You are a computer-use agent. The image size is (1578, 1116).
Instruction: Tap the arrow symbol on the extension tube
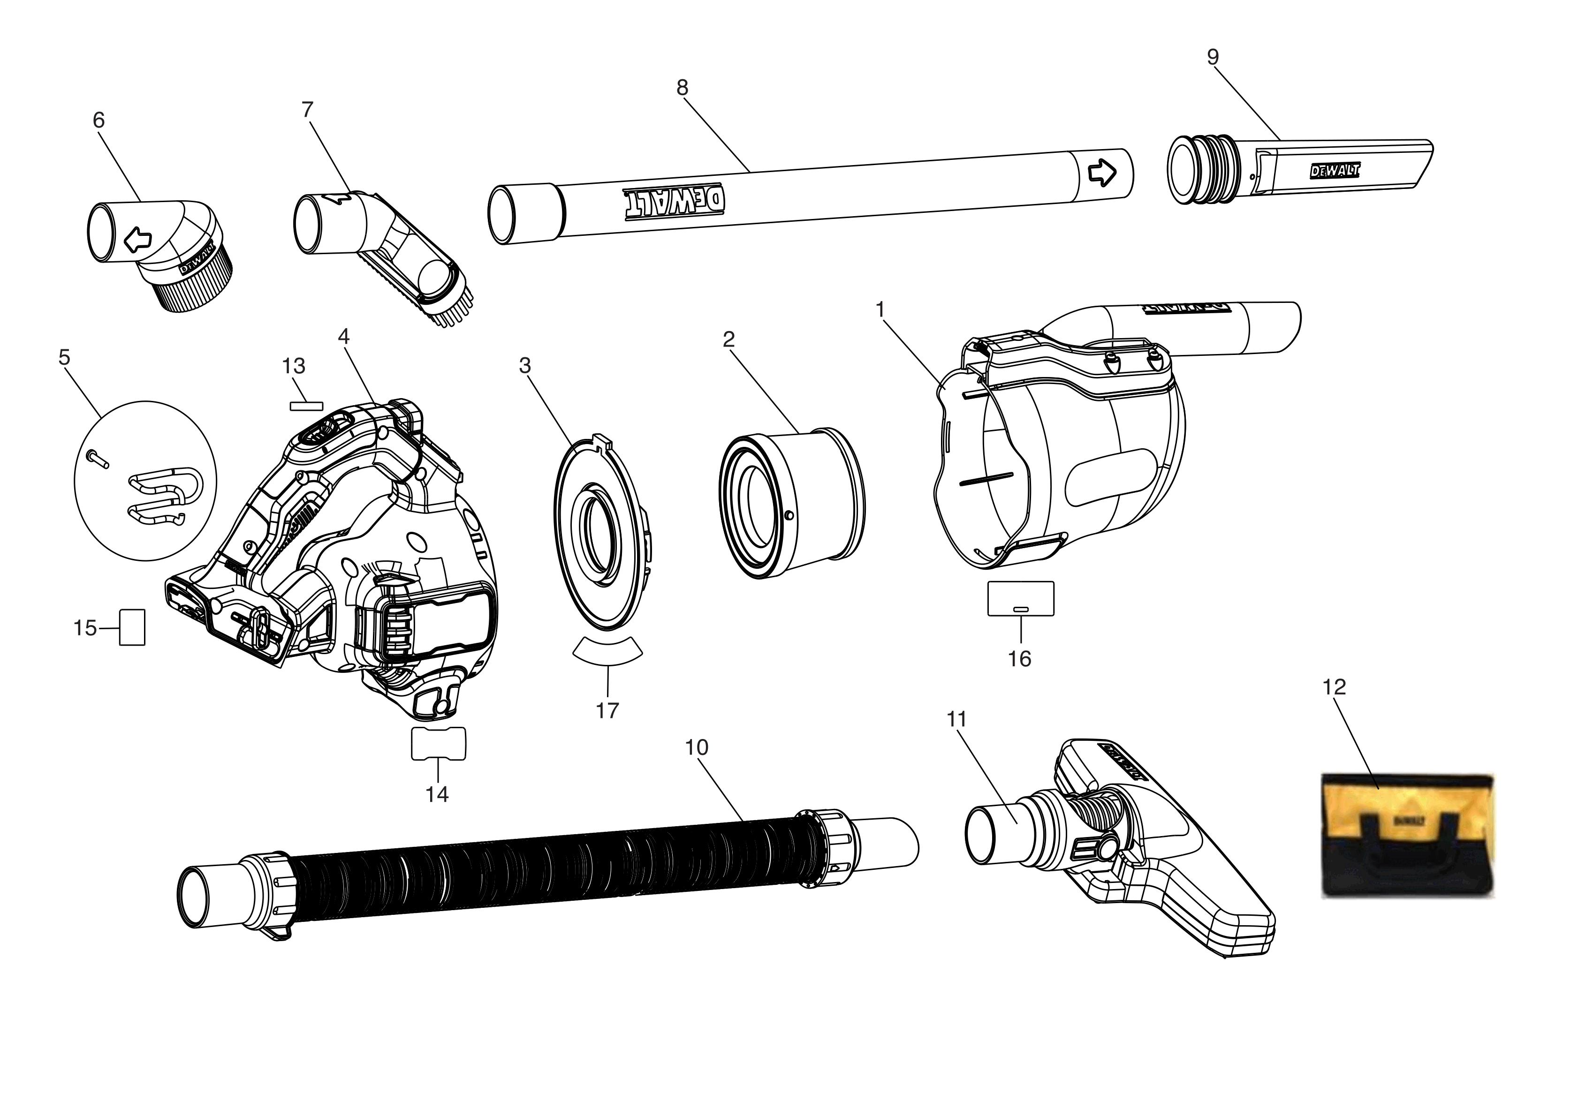(1102, 173)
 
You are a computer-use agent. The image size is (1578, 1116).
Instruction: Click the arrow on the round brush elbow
(137, 239)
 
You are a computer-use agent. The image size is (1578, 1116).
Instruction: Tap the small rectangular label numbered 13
(306, 406)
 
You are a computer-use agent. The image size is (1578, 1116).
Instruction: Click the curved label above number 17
(607, 650)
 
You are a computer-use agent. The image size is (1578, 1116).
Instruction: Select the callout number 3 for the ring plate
(524, 366)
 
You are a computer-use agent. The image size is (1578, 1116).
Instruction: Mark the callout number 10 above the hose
(696, 747)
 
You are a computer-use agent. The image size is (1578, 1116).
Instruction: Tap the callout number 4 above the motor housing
(344, 336)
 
